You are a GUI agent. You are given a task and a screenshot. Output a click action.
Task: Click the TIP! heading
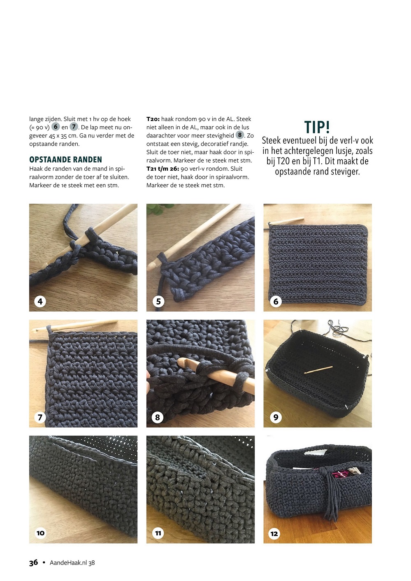(317, 127)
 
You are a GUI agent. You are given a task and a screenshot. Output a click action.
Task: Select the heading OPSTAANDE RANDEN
(65, 159)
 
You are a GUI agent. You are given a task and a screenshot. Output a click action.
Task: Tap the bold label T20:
(153, 119)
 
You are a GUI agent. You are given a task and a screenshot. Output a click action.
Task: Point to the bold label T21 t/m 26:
(163, 169)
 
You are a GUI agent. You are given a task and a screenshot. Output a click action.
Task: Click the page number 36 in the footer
(33, 562)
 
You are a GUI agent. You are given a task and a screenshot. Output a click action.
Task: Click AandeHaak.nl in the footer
(68, 563)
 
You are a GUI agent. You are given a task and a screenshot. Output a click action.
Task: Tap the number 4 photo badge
(40, 301)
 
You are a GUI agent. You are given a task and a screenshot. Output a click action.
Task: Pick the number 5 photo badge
(158, 301)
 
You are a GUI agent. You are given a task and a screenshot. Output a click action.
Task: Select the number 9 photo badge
(276, 417)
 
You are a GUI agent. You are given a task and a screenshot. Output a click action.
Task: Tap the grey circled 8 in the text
(240, 135)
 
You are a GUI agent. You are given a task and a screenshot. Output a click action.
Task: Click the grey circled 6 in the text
(56, 127)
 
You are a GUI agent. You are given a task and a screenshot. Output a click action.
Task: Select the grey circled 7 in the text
(74, 127)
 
